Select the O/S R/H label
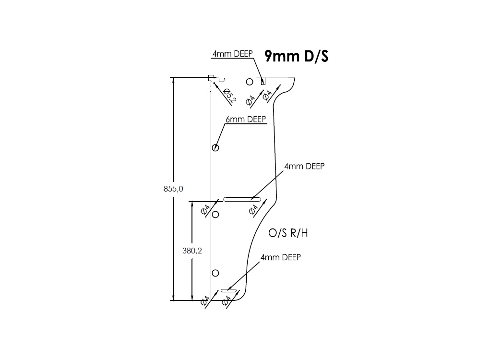pos(288,233)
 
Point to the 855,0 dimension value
pos(173,189)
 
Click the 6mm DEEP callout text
pos(246,120)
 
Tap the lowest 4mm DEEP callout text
pos(280,257)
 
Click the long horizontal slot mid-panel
pos(242,198)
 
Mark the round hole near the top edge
pos(249,82)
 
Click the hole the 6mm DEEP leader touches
pos(215,148)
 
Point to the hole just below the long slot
pos(215,214)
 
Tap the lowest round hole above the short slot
pos(215,273)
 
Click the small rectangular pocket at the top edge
pos(263,82)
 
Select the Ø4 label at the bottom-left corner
pos(205,301)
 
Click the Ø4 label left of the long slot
pos(205,209)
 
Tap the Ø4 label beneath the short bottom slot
pos(226,301)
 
